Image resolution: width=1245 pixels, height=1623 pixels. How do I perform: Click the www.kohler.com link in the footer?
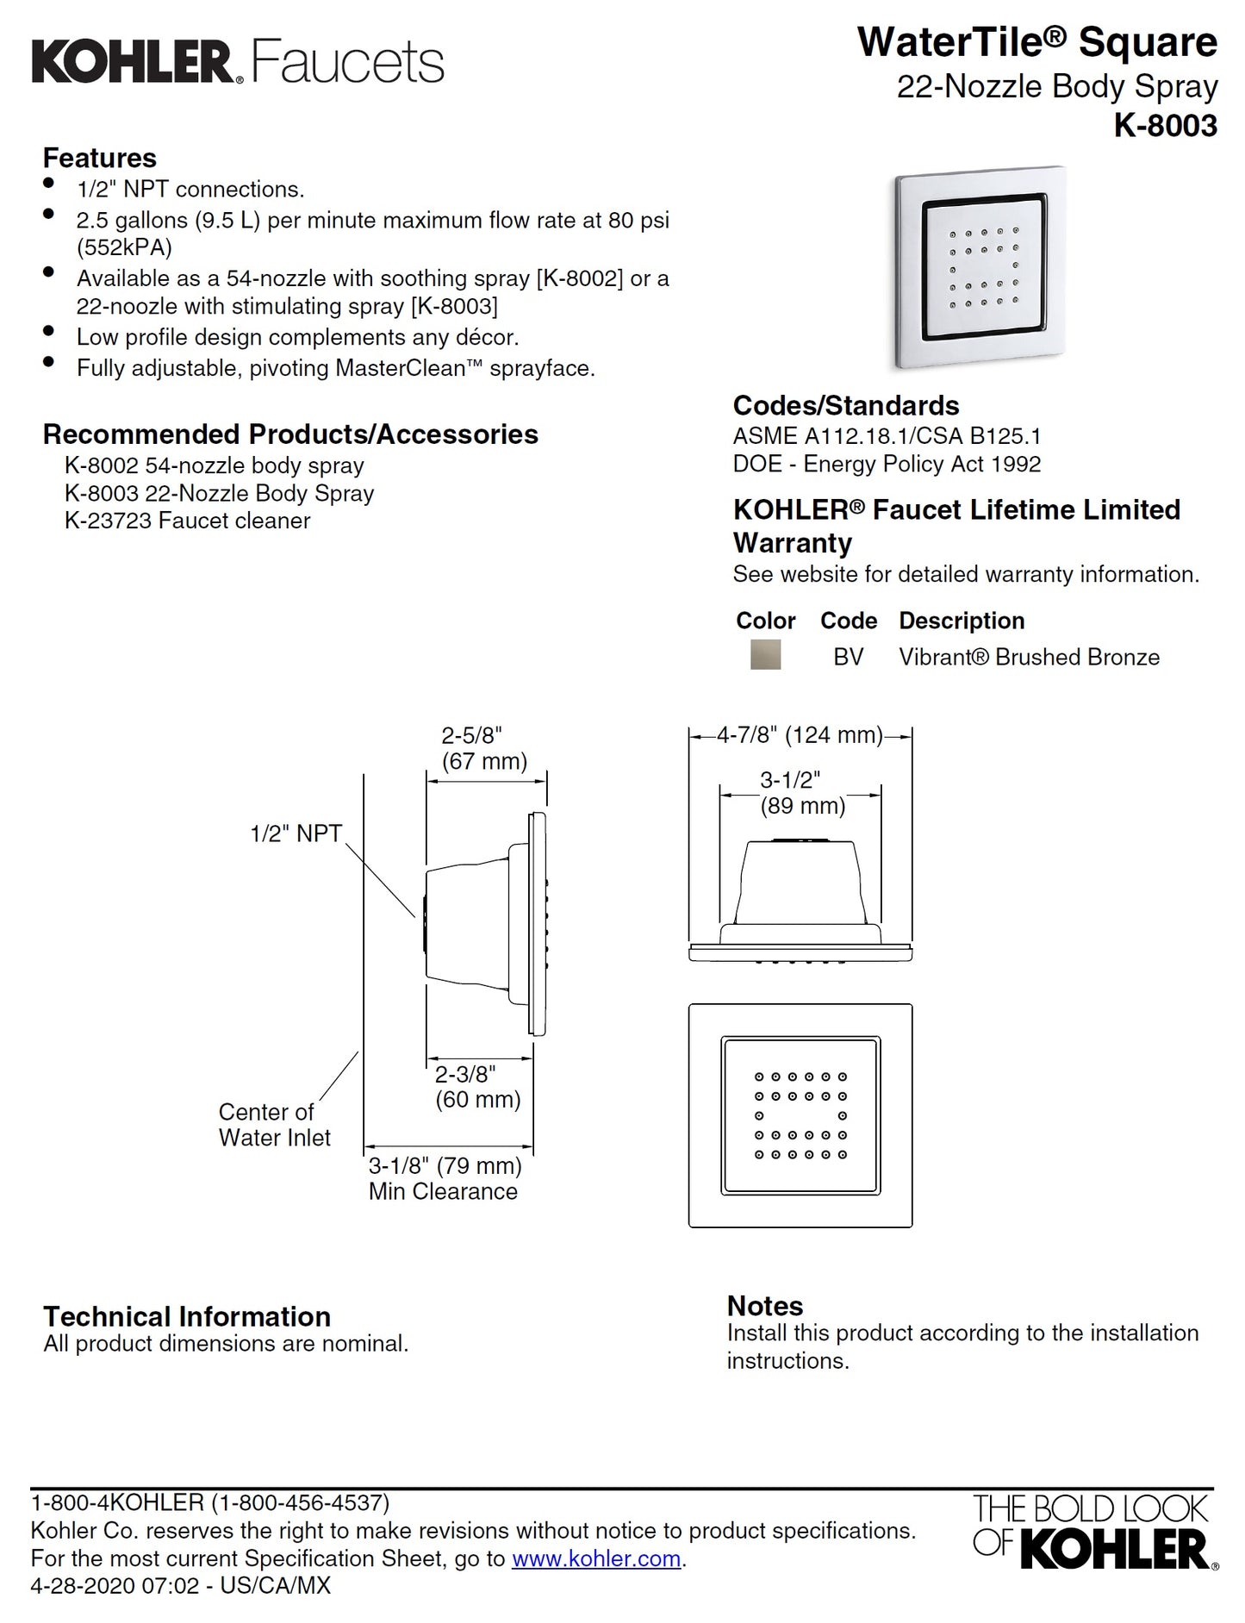click(596, 1558)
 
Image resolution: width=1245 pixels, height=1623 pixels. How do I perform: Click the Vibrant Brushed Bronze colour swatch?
click(765, 655)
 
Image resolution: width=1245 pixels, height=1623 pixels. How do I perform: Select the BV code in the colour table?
click(848, 657)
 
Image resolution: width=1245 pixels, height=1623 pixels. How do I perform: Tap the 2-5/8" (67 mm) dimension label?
click(483, 748)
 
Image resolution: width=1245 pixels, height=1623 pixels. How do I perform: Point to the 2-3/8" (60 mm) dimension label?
click(477, 1087)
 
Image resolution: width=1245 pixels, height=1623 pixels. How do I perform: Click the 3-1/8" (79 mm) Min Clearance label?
click(445, 1178)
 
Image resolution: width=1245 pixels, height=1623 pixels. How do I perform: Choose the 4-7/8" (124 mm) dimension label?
click(800, 735)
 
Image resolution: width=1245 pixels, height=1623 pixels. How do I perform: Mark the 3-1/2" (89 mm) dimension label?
click(801, 793)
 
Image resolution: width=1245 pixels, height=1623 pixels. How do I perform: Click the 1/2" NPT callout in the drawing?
click(296, 833)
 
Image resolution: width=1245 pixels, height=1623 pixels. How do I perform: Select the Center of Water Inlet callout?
click(274, 1125)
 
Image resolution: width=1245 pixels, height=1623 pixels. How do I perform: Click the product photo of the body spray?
click(980, 267)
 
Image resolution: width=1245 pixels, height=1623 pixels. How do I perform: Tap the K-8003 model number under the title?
click(1165, 126)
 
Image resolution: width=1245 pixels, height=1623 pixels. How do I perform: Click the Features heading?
click(100, 159)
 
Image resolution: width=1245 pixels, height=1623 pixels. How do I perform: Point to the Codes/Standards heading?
click(845, 406)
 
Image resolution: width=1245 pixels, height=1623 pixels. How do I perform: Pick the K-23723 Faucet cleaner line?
click(187, 521)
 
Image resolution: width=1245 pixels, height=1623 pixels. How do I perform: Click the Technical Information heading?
click(187, 1316)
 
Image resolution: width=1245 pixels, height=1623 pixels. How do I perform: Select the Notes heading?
click(764, 1305)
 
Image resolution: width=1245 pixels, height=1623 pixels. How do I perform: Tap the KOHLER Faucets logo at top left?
click(237, 62)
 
